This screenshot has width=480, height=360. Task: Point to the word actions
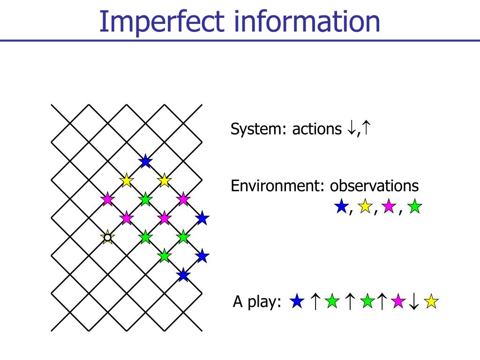coord(317,129)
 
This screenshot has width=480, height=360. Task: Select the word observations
coord(374,186)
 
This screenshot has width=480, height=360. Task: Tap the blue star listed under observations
coord(341,207)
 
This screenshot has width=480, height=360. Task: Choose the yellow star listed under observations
coord(365,207)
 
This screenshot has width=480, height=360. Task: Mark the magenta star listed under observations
coord(389,207)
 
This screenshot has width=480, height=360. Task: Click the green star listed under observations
coord(414,207)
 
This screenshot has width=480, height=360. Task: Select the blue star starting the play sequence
coord(296,301)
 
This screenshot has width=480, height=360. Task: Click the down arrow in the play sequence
coord(413,302)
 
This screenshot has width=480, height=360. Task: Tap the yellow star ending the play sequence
coord(431,301)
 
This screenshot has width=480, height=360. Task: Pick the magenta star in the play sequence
coord(398,301)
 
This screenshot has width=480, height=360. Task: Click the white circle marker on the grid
coord(107,238)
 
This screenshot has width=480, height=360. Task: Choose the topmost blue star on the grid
coord(145,162)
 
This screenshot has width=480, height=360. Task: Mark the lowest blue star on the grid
coord(183,275)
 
